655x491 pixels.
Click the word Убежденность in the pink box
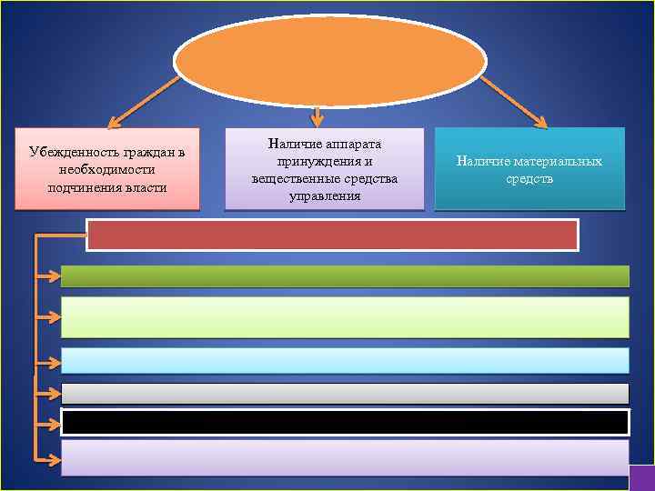72,152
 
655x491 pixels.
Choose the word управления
324,195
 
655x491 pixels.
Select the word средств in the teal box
529,179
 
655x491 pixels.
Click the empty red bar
332,235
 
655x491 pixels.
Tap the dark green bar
345,276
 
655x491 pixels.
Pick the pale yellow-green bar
345,317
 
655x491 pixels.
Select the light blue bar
345,360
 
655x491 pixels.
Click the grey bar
345,393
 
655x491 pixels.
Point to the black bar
345,422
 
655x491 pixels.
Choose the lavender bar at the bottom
345,457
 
